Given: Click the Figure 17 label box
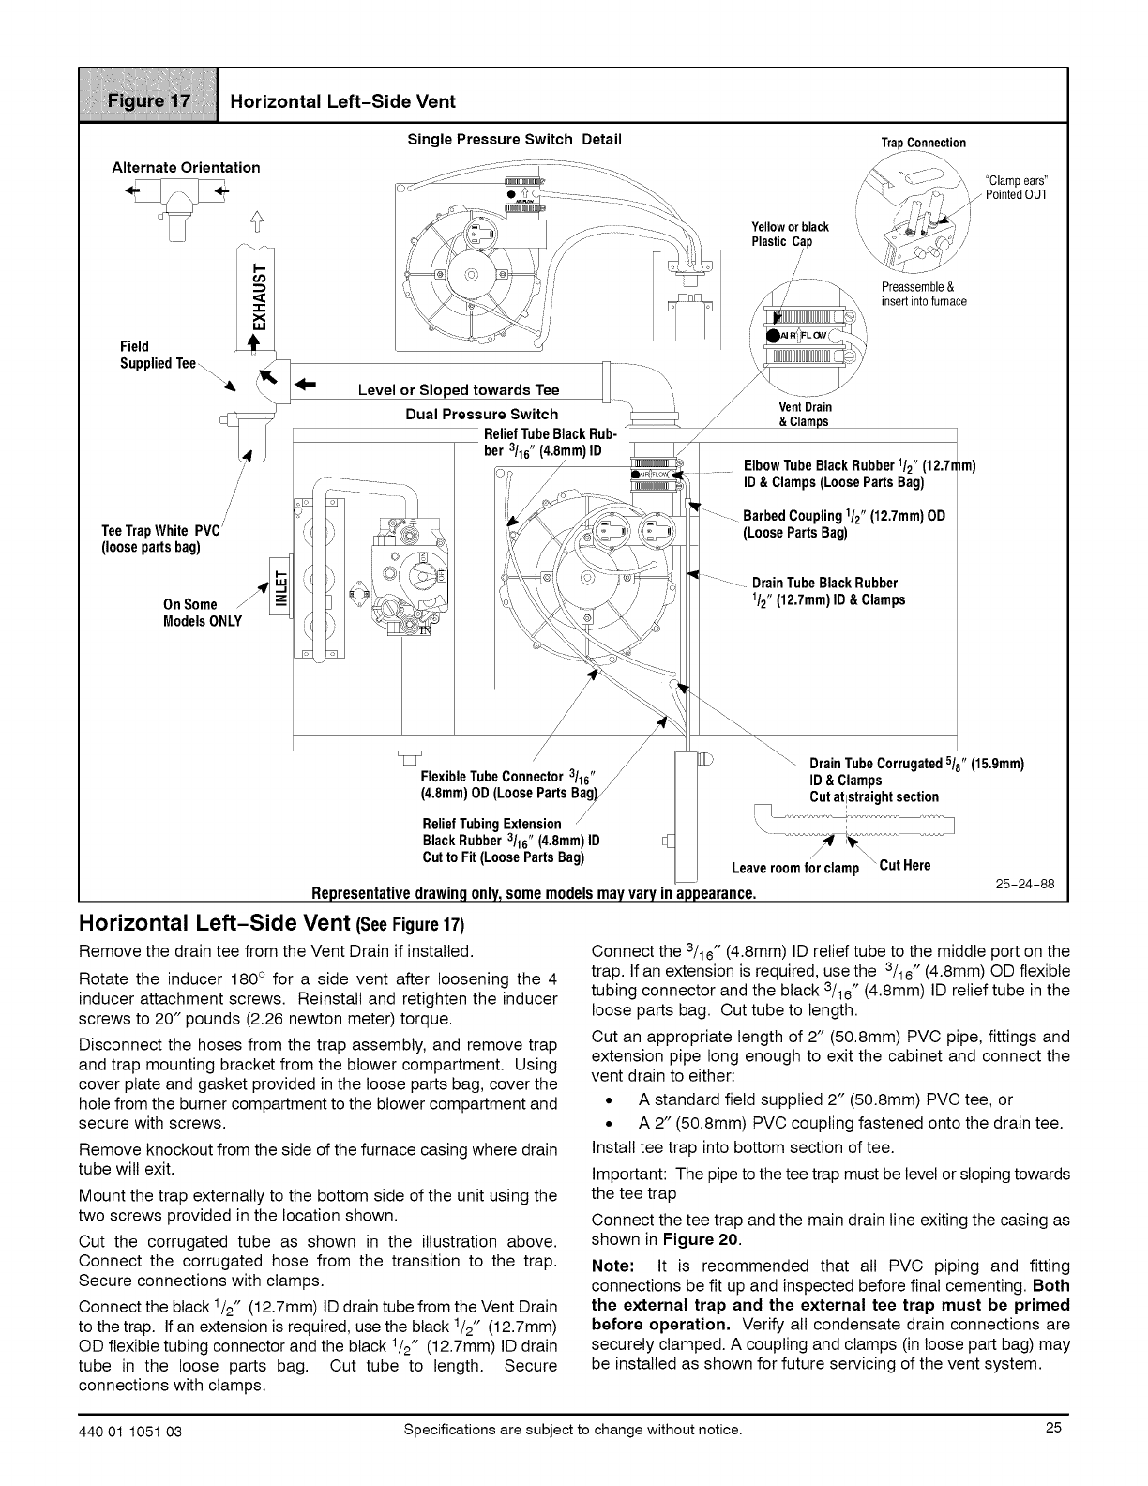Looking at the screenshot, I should [148, 97].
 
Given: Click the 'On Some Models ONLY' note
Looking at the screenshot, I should [202, 613].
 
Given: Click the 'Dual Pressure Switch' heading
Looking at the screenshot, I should [481, 414].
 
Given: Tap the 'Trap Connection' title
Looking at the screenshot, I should [923, 143].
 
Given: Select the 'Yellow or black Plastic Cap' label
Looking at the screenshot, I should [790, 234].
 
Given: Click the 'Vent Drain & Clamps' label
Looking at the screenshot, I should [805, 414].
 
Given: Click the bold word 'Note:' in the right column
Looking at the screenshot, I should [614, 1266].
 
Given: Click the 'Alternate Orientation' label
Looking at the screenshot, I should [186, 167].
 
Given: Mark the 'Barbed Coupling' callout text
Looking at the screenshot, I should [843, 523].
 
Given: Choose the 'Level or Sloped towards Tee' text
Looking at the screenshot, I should [459, 390].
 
